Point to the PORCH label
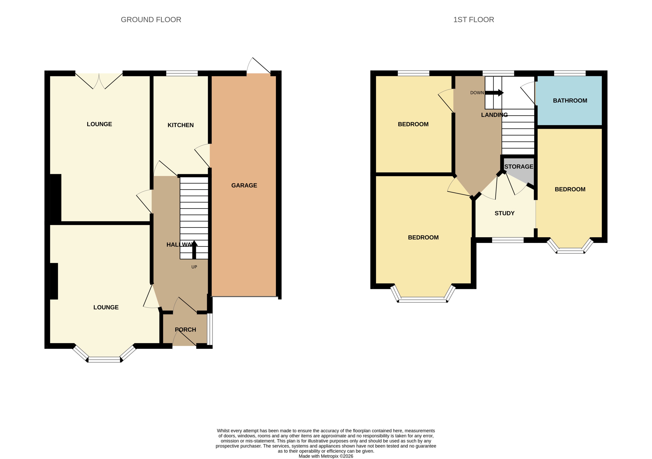point(185,330)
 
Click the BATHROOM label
point(570,101)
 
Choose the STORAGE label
point(519,167)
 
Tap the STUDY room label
point(504,213)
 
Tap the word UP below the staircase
point(194,267)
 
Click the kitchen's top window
point(182,73)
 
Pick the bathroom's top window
point(570,73)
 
